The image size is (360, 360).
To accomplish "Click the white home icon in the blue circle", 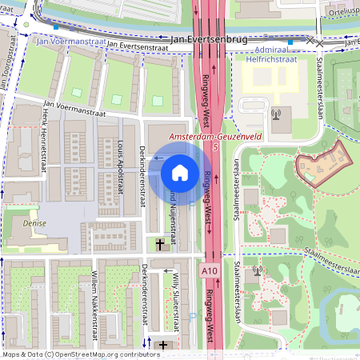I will pyautogui.click(x=180, y=171).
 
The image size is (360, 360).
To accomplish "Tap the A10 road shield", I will pyautogui.click(x=210, y=272).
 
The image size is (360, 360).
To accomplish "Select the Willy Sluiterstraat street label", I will pyautogui.click(x=176, y=302).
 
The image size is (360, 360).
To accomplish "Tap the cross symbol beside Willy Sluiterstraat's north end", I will pyautogui.click(x=162, y=243).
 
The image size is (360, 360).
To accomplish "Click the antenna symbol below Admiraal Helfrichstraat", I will pyautogui.click(x=276, y=113).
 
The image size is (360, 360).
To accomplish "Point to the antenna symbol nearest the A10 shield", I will pyautogui.click(x=257, y=271).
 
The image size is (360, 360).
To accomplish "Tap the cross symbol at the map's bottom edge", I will pyautogui.click(x=164, y=346).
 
